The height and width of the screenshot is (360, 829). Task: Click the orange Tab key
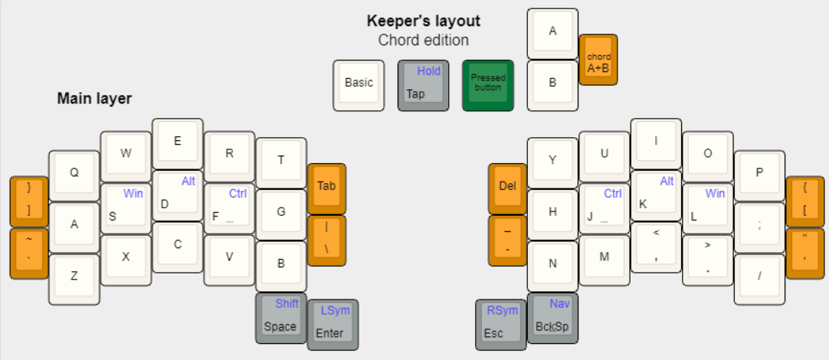326,187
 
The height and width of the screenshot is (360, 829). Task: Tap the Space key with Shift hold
280,318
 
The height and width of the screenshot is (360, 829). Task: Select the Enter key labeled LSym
333,324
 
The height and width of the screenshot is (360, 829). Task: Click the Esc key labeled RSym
501,324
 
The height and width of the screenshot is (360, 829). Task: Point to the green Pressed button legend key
488,84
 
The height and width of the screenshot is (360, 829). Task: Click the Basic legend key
359,84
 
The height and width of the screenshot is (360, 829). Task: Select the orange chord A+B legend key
598,59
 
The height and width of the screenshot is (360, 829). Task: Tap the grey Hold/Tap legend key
424,84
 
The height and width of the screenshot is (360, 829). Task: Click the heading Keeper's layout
424,21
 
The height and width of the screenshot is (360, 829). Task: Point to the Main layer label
94,99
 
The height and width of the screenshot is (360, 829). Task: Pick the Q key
74,174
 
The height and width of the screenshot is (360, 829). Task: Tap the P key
759,174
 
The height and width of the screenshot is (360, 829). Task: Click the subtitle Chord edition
424,41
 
